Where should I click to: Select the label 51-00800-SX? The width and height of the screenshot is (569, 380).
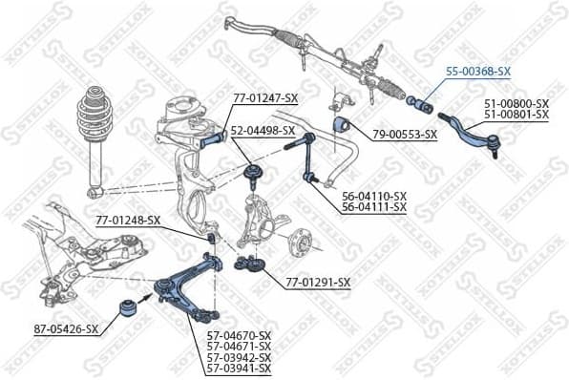click(516, 103)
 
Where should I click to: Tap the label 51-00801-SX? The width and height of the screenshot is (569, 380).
click(516, 115)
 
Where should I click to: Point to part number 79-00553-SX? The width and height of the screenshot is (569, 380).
click(404, 134)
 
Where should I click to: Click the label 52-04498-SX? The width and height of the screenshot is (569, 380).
click(262, 131)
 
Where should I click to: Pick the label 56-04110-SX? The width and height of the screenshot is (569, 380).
click(374, 195)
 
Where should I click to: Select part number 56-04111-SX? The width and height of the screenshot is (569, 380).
click(374, 206)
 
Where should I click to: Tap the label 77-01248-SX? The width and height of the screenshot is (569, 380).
click(128, 221)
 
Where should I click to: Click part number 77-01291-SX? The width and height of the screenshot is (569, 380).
click(319, 282)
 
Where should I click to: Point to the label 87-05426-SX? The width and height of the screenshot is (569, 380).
click(66, 329)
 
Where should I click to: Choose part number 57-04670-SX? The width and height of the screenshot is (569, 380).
click(240, 335)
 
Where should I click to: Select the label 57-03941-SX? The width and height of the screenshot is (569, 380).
click(240, 368)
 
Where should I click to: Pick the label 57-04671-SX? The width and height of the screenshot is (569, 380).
click(240, 346)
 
